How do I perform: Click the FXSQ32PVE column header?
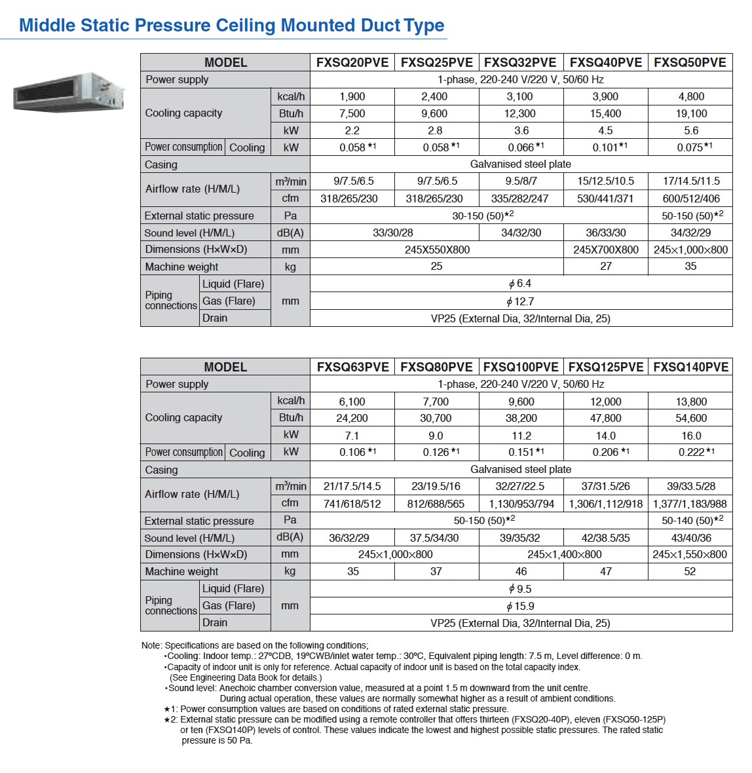pyautogui.click(x=520, y=62)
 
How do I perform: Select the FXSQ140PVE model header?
pyautogui.click(x=690, y=367)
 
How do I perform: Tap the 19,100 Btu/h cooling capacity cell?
pyautogui.click(x=691, y=113)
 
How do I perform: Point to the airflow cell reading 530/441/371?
pyautogui.click(x=605, y=198)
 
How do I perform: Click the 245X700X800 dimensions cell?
pyautogui.click(x=605, y=250)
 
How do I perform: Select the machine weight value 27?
pyautogui.click(x=605, y=267)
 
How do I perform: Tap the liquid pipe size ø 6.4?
pyautogui.click(x=520, y=284)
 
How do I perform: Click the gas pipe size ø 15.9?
pyautogui.click(x=520, y=606)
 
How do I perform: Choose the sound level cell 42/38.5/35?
pyautogui.click(x=605, y=538)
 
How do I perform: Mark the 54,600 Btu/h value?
pyautogui.click(x=691, y=418)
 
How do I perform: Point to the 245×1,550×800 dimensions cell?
pyautogui.click(x=690, y=554)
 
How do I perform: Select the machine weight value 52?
pyautogui.click(x=690, y=571)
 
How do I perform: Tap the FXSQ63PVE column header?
pyautogui.click(x=352, y=367)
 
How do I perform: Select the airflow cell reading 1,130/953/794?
pyautogui.click(x=521, y=504)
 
